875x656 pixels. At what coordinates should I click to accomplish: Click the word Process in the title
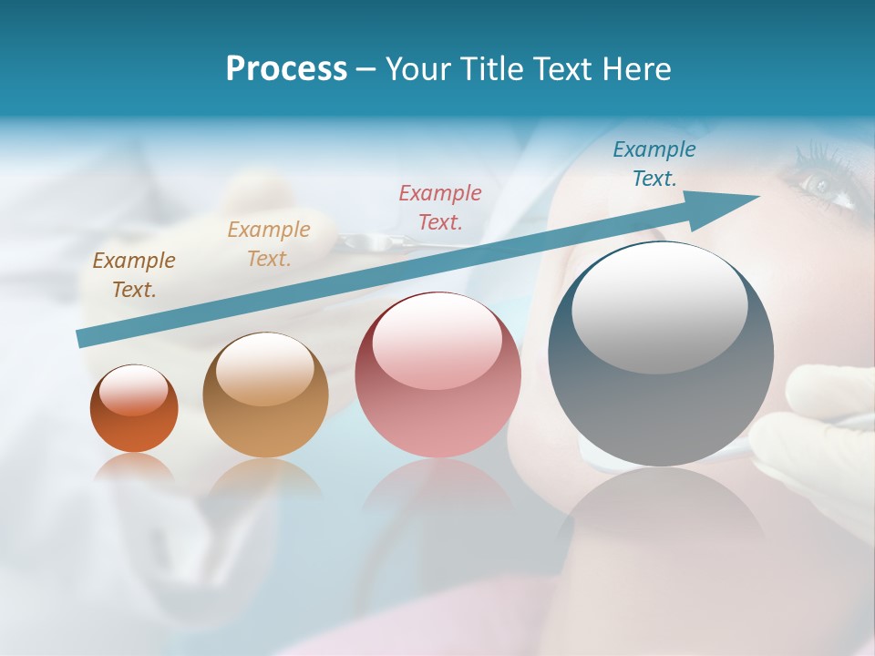pyautogui.click(x=286, y=69)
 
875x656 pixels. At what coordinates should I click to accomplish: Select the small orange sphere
pyautogui.click(x=134, y=409)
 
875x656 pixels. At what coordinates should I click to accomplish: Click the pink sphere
pyautogui.click(x=437, y=375)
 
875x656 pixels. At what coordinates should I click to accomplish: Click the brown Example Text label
pyautogui.click(x=134, y=275)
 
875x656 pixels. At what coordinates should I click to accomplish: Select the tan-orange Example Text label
pyautogui.click(x=269, y=244)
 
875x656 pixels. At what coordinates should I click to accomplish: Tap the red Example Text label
pyautogui.click(x=440, y=207)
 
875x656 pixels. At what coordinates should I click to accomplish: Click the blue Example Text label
pyautogui.click(x=654, y=164)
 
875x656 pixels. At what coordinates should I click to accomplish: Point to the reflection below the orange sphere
pyautogui.click(x=134, y=469)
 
